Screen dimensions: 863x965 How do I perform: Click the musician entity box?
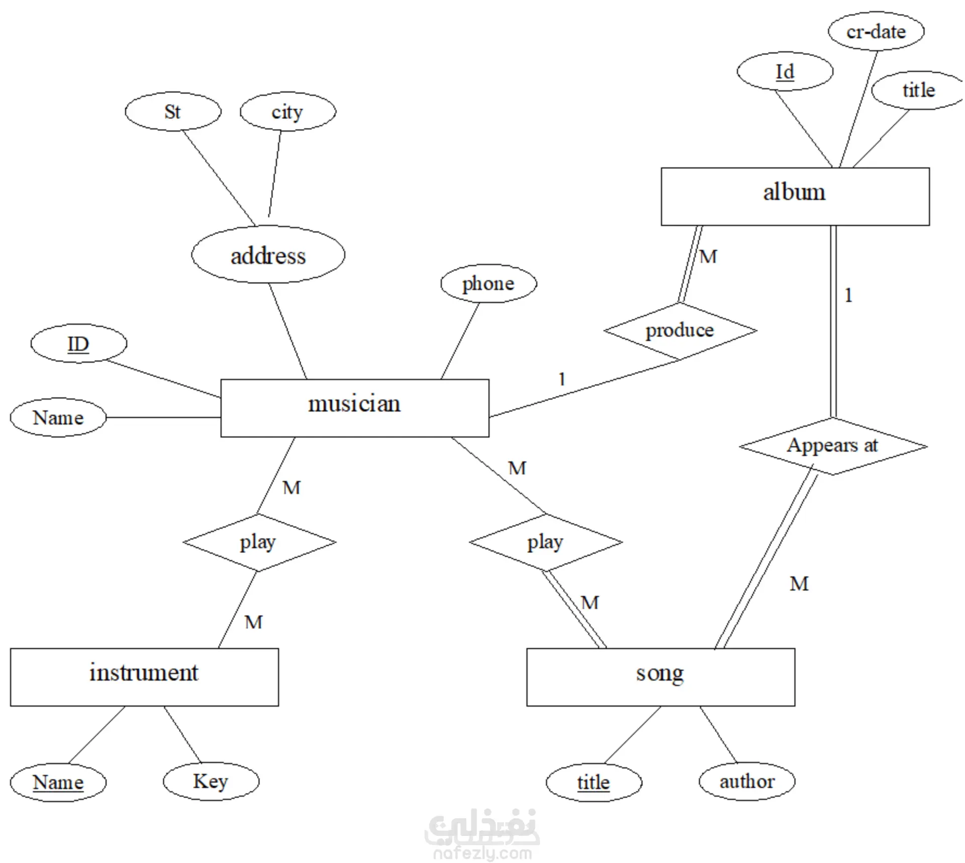click(354, 408)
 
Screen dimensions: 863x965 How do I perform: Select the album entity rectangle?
click(795, 196)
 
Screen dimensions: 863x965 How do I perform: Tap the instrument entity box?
click(144, 677)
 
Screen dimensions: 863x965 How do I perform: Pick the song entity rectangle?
click(660, 677)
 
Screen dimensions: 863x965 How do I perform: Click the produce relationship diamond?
click(680, 331)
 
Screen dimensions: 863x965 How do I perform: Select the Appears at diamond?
click(833, 446)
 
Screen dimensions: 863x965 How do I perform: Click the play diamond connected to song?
click(546, 542)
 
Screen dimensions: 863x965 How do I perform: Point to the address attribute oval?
click(268, 255)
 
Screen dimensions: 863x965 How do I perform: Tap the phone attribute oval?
click(489, 283)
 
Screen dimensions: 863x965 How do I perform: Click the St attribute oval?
click(173, 112)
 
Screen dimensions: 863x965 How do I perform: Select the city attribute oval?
click(287, 112)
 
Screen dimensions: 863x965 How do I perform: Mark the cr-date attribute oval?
click(876, 32)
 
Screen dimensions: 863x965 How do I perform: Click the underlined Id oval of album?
click(785, 72)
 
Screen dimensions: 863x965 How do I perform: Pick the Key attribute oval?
click(211, 782)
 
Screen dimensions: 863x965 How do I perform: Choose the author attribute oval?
click(747, 782)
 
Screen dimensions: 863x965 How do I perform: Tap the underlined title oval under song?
click(594, 783)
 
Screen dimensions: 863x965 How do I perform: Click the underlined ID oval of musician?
click(78, 344)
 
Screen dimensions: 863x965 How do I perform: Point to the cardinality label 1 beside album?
click(848, 296)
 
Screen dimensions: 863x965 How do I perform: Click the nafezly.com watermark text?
click(482, 853)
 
